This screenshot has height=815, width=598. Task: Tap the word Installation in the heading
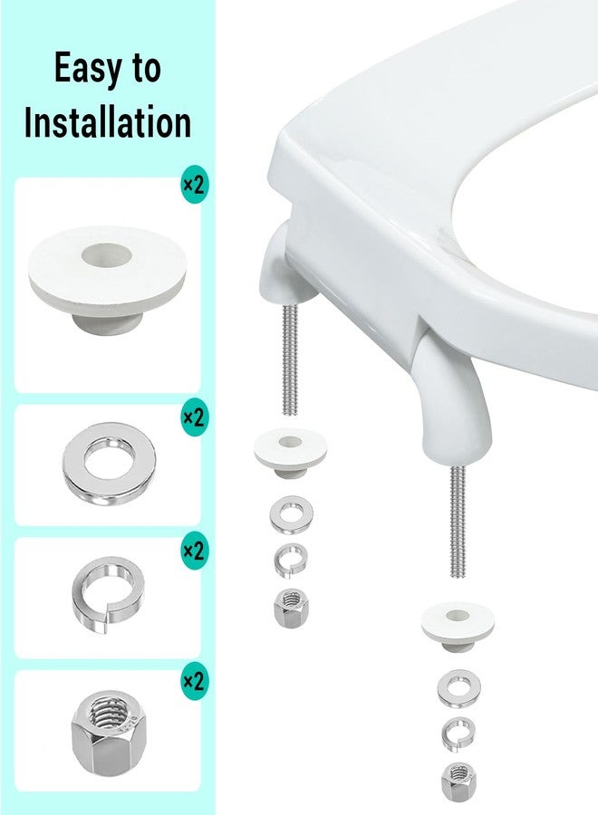coord(108,122)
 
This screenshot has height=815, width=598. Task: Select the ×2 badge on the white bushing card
coord(194,185)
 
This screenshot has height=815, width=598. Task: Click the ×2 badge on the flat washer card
coord(194,417)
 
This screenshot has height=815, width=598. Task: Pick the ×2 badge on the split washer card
coord(194,550)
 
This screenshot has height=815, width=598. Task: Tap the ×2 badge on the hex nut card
coord(194,681)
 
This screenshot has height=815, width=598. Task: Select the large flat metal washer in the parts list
coord(110,464)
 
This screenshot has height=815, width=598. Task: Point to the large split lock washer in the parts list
coord(108,594)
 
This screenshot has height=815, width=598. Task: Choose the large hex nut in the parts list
coord(108,733)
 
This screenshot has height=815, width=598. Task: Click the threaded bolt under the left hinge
coord(290,360)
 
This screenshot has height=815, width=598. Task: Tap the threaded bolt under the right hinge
coord(458,521)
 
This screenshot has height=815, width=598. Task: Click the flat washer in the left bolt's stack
coord(291,514)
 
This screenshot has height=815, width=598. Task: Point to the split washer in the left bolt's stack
coord(291,561)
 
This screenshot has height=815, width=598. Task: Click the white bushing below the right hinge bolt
coord(458,626)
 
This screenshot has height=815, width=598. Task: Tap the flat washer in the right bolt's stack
coord(458,688)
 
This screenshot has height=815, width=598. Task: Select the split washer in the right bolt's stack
coord(458,733)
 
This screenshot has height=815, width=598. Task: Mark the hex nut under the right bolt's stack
coord(458,781)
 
